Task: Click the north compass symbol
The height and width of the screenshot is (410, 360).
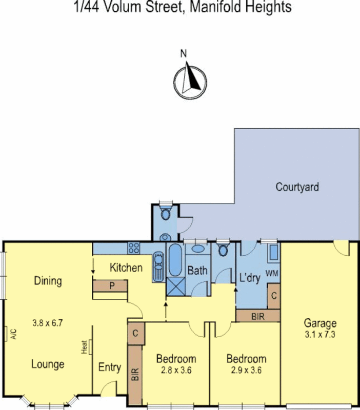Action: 190,79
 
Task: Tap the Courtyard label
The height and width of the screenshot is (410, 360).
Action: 297,187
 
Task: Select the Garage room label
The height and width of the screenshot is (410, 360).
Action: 320,323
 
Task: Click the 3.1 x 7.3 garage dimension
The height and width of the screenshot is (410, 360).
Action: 320,333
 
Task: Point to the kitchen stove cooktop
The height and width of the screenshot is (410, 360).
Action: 134,248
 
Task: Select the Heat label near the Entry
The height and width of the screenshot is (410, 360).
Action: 85,347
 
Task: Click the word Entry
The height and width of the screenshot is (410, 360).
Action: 109,367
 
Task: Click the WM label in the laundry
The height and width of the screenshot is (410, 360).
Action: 272,273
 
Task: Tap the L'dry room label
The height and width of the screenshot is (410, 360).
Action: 250,278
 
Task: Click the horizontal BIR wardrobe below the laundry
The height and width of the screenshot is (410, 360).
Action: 257,316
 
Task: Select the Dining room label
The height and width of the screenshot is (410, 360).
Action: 48,281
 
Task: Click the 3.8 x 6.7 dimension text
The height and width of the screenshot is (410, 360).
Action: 47,323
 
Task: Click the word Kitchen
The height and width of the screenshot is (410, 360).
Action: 126,267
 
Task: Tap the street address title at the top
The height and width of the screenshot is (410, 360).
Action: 179,8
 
